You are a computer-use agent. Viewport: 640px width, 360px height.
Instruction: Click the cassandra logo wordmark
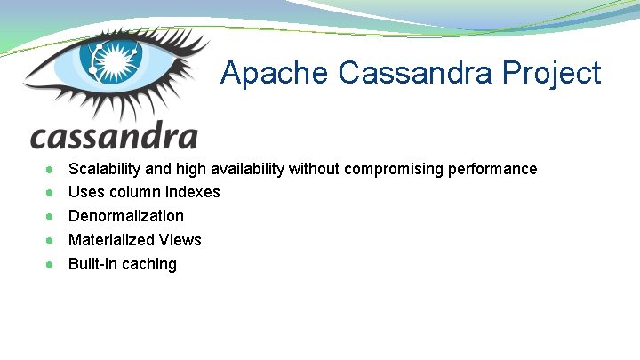tap(114, 136)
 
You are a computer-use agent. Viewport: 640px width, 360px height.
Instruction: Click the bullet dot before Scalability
tap(52, 169)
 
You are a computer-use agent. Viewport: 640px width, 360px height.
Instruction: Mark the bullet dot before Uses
tap(52, 192)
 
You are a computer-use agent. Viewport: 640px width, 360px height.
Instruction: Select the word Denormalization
tap(126, 216)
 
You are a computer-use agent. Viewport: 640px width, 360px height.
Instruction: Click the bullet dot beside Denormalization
tap(52, 216)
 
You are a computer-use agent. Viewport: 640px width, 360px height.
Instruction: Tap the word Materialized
tap(112, 240)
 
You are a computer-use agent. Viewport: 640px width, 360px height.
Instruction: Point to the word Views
tap(180, 240)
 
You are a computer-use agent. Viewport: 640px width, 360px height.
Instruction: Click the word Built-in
tap(92, 264)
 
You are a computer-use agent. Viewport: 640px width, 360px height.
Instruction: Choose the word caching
tap(149, 264)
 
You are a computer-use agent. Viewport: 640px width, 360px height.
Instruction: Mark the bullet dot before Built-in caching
tap(52, 264)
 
